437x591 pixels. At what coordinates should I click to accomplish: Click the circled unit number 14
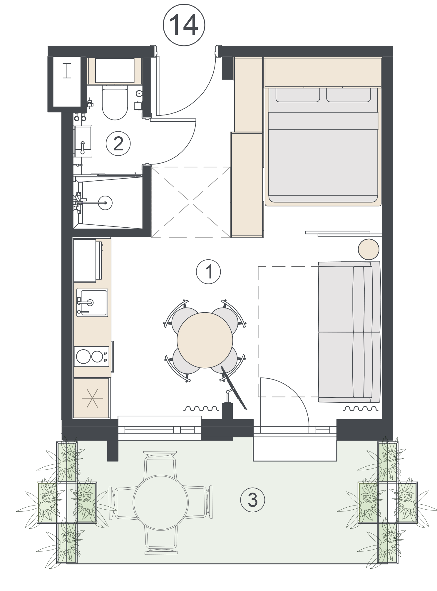click(x=184, y=25)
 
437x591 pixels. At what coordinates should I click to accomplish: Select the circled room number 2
click(x=118, y=144)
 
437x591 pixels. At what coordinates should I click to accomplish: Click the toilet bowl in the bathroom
click(x=115, y=103)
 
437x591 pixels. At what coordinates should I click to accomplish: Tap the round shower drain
click(x=105, y=202)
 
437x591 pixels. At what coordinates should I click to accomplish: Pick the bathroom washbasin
click(x=83, y=141)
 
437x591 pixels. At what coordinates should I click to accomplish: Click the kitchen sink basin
click(x=92, y=303)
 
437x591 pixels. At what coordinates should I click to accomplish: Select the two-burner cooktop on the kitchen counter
click(x=91, y=356)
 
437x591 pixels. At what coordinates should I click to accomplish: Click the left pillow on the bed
click(x=297, y=95)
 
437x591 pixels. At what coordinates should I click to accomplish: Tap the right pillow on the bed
click(x=349, y=95)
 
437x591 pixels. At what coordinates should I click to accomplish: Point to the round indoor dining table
click(x=205, y=340)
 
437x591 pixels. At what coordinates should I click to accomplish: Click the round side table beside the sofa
click(x=369, y=249)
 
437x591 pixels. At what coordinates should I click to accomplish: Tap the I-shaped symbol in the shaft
click(x=67, y=71)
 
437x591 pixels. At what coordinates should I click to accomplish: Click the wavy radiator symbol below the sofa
click(x=361, y=408)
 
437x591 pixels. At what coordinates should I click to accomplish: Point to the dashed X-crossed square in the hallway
click(x=190, y=202)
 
